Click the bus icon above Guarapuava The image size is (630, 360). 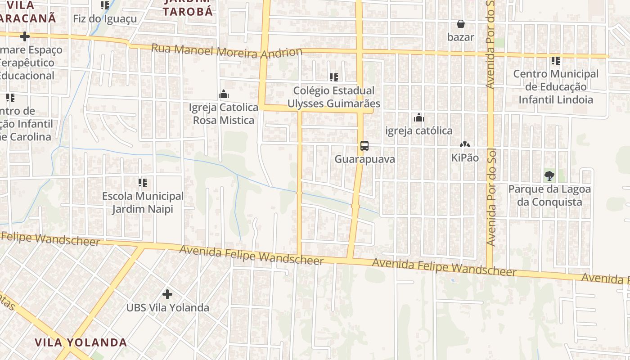pos(364,146)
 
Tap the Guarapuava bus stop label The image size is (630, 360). pos(364,159)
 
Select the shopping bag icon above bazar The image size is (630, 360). pos(461,24)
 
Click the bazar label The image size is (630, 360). pos(461,37)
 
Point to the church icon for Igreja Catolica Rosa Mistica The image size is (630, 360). pos(224,94)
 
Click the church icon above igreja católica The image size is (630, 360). pos(419,118)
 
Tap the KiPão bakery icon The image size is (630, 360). pos(465,145)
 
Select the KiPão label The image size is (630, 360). pos(465,158)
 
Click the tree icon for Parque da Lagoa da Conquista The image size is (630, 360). pos(549,176)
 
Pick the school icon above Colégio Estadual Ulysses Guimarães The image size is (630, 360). pos(333,77)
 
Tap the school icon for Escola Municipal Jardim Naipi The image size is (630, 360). pos(143,183)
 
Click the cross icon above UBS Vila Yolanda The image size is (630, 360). pos(167,295)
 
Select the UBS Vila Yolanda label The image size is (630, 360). pos(167,308)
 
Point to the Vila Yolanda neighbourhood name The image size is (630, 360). pos(81,342)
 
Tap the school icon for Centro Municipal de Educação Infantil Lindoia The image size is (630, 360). pos(556,60)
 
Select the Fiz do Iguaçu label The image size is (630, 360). pos(105,19)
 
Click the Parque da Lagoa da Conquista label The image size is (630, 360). pos(549,195)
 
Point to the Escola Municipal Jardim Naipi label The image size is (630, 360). pos(143,202)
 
